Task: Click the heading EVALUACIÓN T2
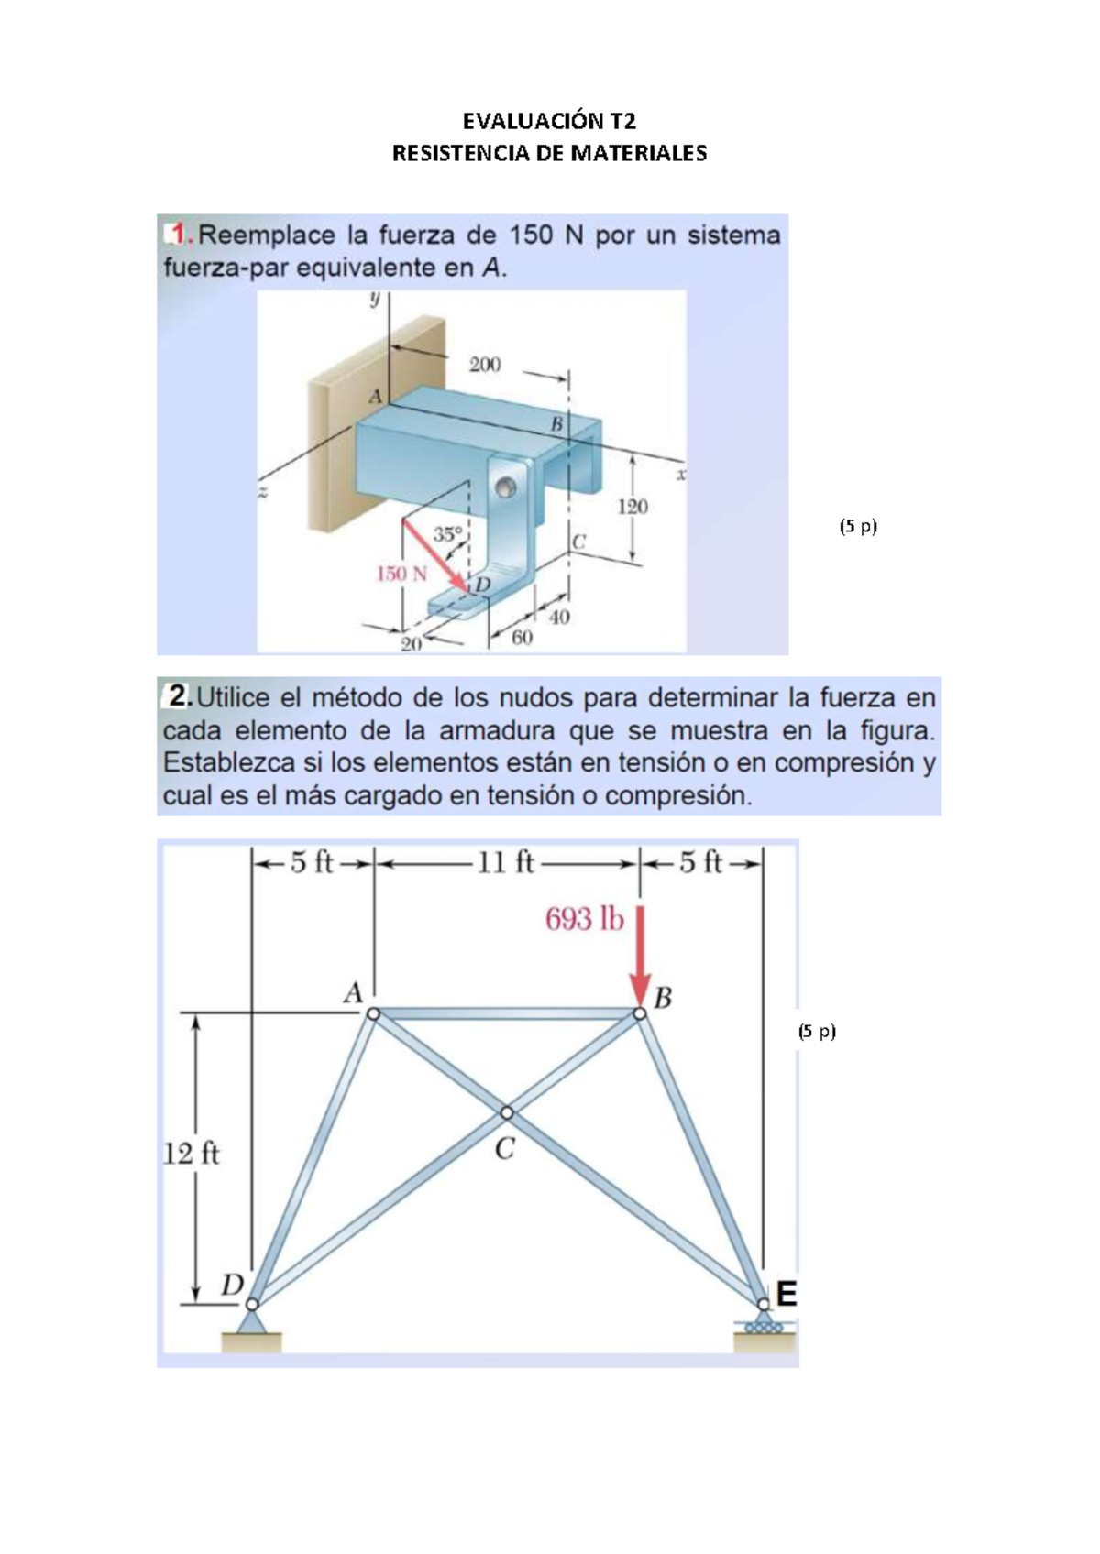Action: pos(549,122)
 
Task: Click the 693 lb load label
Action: pos(584,919)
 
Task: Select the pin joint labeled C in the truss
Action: pos(507,1113)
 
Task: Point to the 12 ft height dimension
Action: pos(191,1153)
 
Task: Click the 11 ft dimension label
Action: pos(505,863)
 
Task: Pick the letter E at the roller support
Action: pos(786,1295)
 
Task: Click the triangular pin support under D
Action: pos(251,1322)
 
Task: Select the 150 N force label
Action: pos(401,575)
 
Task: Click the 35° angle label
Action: pos(447,533)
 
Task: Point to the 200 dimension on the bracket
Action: pos(485,365)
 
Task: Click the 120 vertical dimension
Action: pos(632,507)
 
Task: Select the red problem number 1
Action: pos(181,235)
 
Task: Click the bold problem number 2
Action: pos(178,698)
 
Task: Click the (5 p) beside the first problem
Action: pos(858,526)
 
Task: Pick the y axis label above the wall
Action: pos(374,299)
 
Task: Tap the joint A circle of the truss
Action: pos(373,1013)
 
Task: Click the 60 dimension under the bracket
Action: pos(521,637)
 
